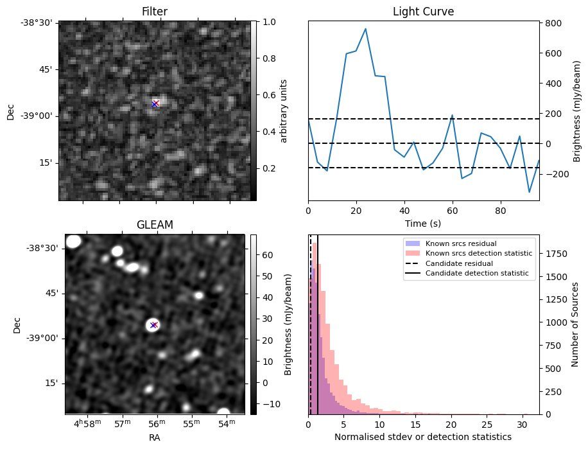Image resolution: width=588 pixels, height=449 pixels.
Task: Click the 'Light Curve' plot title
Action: click(423, 12)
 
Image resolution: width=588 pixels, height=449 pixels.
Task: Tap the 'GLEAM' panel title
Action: click(155, 225)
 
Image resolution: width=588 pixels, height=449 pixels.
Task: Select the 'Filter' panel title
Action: click(155, 12)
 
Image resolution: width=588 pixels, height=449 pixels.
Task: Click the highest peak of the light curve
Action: click(365, 28)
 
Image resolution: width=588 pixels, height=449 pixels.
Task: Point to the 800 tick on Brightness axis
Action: click(553, 23)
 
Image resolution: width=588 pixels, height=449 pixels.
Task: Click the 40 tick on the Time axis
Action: click(404, 211)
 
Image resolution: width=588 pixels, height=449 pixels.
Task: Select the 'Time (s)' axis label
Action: click(423, 224)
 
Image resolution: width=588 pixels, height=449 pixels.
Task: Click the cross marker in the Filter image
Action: click(155, 103)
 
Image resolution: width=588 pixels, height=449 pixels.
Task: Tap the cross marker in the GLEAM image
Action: click(153, 325)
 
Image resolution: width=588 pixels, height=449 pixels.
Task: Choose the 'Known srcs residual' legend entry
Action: click(461, 243)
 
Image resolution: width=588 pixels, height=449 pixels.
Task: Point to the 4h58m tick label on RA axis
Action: click(87, 423)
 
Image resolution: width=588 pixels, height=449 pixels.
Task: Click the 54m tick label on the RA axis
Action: click(227, 423)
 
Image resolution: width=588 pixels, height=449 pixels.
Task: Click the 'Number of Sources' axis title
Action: click(575, 325)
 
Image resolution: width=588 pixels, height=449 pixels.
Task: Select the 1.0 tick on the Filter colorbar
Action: click(269, 22)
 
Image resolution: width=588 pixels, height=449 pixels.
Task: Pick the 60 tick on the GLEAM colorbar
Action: click(268, 255)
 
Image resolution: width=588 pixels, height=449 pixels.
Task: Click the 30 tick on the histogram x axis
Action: click(522, 425)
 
